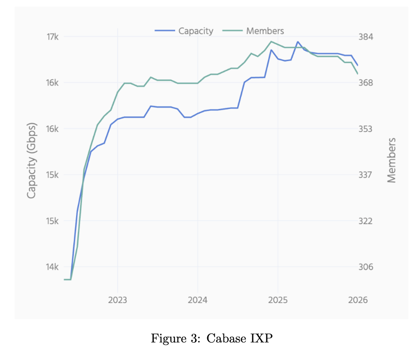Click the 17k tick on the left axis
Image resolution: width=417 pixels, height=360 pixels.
tap(53, 37)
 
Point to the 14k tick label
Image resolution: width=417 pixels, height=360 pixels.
tap(53, 267)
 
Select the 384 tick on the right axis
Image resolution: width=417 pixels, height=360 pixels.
tap(365, 37)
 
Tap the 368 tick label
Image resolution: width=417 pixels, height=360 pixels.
tap(365, 83)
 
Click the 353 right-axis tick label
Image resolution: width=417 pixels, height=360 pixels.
tap(365, 129)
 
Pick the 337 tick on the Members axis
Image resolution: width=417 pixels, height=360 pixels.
tap(365, 175)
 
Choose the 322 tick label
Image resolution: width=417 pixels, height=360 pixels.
tap(365, 221)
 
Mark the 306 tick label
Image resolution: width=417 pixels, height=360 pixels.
tap(365, 267)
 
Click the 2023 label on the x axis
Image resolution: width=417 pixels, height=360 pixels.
tap(117, 300)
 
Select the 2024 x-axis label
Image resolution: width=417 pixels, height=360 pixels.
tap(198, 300)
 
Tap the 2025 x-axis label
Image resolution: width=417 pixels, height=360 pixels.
tap(278, 300)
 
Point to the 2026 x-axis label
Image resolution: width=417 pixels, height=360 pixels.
tap(357, 300)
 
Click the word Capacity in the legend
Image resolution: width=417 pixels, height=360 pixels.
tap(196, 31)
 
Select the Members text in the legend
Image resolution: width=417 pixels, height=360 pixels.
tap(265, 31)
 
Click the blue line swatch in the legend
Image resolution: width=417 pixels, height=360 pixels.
tap(165, 31)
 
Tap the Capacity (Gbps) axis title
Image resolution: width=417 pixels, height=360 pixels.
tap(32, 160)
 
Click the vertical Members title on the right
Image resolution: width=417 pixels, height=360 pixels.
tap(391, 160)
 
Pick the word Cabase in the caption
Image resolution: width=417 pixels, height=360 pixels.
tap(223, 339)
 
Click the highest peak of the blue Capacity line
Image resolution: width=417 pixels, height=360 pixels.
tap(298, 42)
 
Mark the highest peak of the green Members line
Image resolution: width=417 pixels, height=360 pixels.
tap(271, 41)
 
